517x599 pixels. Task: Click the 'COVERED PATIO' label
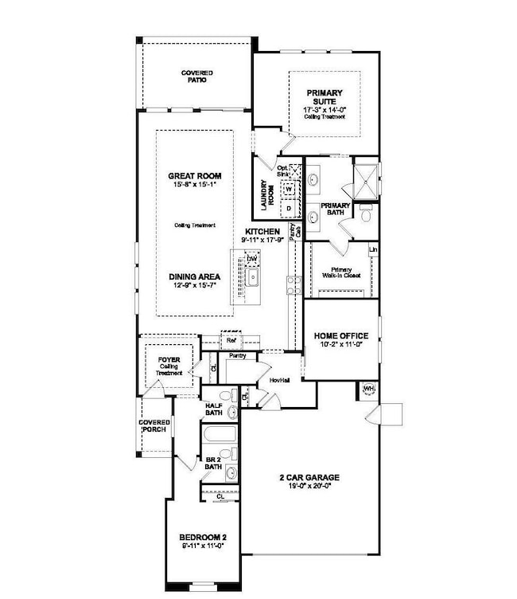pyautogui.click(x=196, y=76)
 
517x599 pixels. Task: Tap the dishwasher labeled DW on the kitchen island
pyautogui.click(x=251, y=259)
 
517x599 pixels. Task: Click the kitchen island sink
pyautogui.click(x=251, y=278)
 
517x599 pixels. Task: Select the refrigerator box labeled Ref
pyautogui.click(x=231, y=340)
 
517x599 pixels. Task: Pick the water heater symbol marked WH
pyautogui.click(x=368, y=389)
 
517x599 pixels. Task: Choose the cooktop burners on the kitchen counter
pyautogui.click(x=291, y=284)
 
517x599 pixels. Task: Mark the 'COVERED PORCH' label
pyautogui.click(x=154, y=426)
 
